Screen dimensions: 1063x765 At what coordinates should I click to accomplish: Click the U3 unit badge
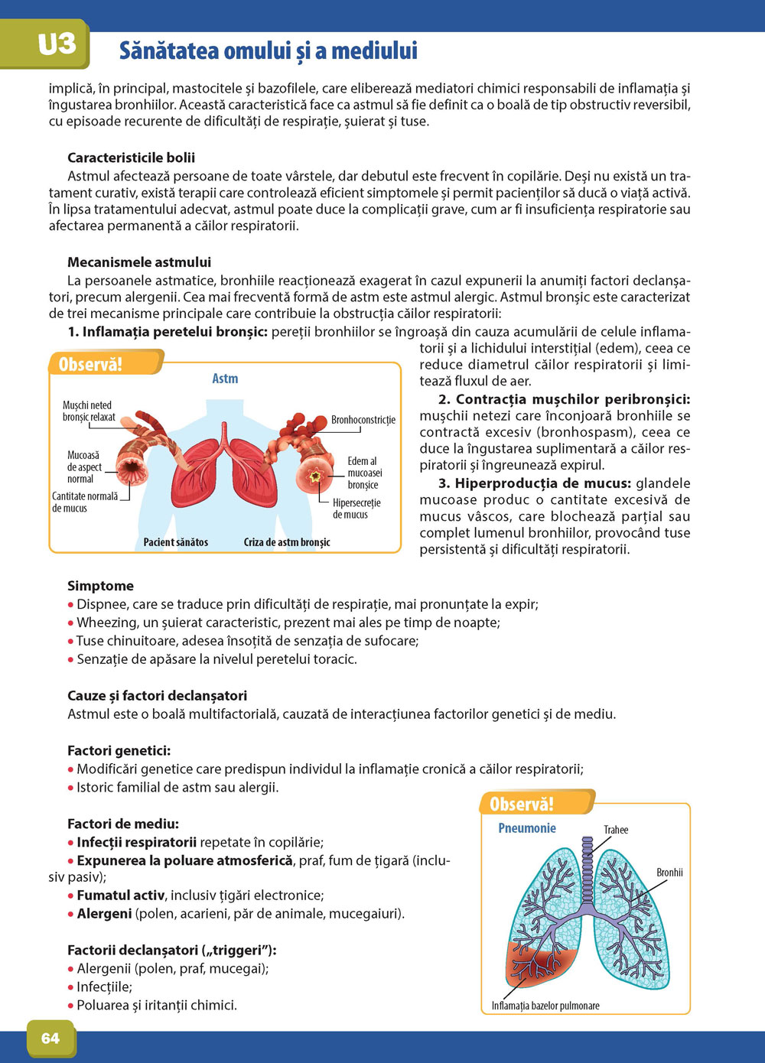pyautogui.click(x=56, y=44)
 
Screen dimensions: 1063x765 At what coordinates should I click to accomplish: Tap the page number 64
pyautogui.click(x=50, y=1038)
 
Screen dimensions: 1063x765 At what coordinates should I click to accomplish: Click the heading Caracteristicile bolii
pyautogui.click(x=131, y=158)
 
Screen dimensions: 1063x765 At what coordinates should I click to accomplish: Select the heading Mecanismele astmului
pyautogui.click(x=139, y=262)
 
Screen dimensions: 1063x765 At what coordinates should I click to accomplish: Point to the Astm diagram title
pyautogui.click(x=225, y=379)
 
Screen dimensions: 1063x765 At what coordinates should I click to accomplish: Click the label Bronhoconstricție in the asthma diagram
pyautogui.click(x=363, y=420)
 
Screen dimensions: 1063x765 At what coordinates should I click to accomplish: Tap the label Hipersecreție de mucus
pyautogui.click(x=356, y=509)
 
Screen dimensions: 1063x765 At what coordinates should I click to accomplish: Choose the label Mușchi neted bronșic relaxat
pyautogui.click(x=89, y=411)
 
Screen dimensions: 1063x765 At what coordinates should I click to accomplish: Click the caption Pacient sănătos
pyautogui.click(x=176, y=542)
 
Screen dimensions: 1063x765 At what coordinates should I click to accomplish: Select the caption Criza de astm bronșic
pyautogui.click(x=287, y=542)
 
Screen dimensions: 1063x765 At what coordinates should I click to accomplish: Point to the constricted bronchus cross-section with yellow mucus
pyautogui.click(x=314, y=475)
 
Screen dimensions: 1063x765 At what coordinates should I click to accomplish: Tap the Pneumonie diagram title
pyautogui.click(x=527, y=828)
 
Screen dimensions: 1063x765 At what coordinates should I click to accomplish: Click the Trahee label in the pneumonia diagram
pyautogui.click(x=616, y=830)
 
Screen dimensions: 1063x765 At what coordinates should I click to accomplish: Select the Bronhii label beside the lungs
pyautogui.click(x=669, y=873)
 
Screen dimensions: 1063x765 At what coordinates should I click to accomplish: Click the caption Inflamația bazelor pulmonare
pyautogui.click(x=545, y=1006)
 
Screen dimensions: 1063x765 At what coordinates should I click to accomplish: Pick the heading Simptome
pyautogui.click(x=100, y=586)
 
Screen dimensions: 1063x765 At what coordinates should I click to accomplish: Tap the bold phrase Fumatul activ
pyautogui.click(x=121, y=896)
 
